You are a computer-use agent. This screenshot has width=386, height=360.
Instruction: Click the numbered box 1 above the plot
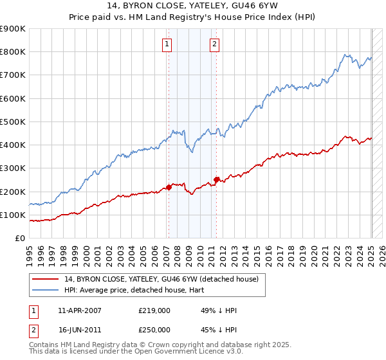click(167, 44)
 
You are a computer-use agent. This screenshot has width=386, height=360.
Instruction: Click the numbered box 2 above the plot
click(214, 44)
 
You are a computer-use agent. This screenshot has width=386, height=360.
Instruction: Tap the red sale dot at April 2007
click(169, 187)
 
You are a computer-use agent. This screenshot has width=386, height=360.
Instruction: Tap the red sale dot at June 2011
click(217, 179)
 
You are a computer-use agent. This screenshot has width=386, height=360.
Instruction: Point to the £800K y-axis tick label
click(12, 52)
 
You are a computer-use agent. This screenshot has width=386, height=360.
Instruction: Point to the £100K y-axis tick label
click(12, 215)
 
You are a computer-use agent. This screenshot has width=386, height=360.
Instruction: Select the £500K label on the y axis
click(12, 122)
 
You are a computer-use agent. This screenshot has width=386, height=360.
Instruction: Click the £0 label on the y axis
click(19, 239)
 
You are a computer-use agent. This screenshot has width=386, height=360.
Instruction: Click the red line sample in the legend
click(46, 279)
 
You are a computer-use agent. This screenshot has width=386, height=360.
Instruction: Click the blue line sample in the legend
click(46, 290)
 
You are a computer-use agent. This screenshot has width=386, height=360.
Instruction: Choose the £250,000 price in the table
click(154, 329)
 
